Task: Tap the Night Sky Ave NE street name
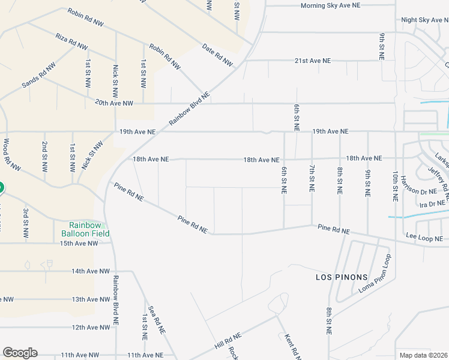pos(424,20)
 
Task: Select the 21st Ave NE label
pos(313,61)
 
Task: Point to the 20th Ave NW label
pos(114,103)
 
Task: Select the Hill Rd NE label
pos(228,342)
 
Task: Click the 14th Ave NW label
pos(91,271)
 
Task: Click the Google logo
pos(20,353)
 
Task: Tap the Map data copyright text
pos(423,355)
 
